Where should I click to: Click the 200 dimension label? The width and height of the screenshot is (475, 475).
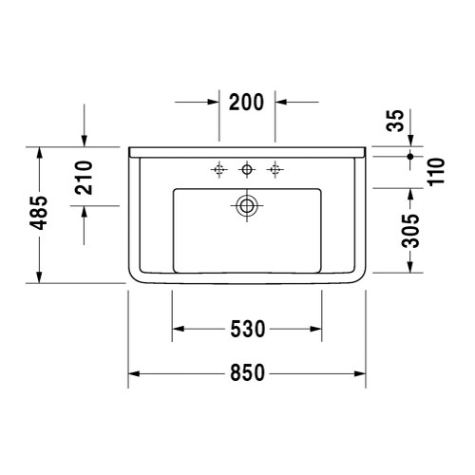pos(247,103)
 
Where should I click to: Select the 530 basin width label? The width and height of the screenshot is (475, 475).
pos(247,330)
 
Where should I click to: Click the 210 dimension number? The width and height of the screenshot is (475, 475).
pos(84,177)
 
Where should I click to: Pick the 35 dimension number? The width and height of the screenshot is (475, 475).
pos(409,119)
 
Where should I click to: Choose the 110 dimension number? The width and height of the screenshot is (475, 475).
pos(436,171)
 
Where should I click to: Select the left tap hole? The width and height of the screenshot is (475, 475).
pos(219,170)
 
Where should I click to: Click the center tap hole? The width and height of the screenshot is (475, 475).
pos(248,170)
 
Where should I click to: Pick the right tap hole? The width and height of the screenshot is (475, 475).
pos(276,170)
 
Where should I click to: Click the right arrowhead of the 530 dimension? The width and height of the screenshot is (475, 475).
pos(318,330)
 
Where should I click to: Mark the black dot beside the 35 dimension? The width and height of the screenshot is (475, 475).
pos(409,154)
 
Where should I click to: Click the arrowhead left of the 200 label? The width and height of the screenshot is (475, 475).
pos(214,103)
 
